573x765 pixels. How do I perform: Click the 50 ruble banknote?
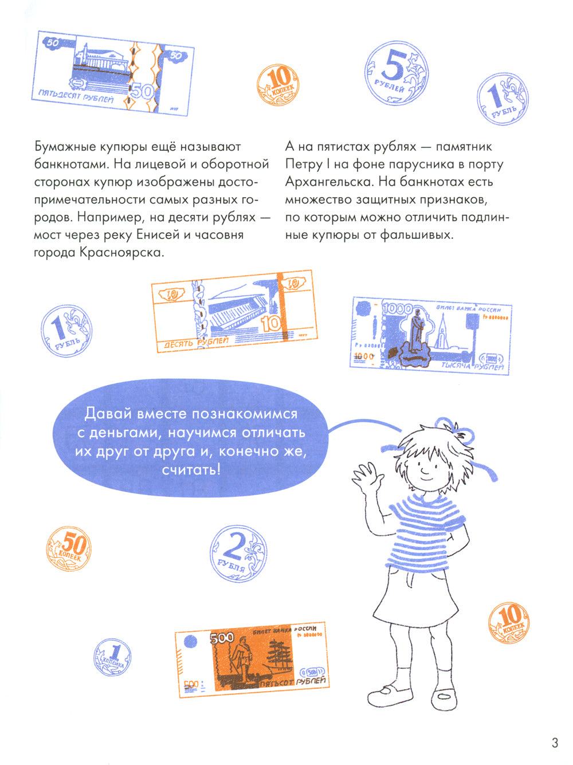tap(115, 73)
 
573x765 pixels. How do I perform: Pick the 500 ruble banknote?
tap(252, 659)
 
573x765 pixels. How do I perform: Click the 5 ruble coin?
tap(397, 74)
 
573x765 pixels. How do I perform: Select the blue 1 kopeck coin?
tap(112, 657)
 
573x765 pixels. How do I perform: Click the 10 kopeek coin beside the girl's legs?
tap(508, 622)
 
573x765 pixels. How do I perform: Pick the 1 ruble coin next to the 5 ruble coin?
tap(503, 100)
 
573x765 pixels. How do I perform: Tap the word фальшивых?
tap(417, 235)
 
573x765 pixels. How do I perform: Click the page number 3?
tap(554, 743)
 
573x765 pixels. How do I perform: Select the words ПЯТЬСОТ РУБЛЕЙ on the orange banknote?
tap(292, 682)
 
